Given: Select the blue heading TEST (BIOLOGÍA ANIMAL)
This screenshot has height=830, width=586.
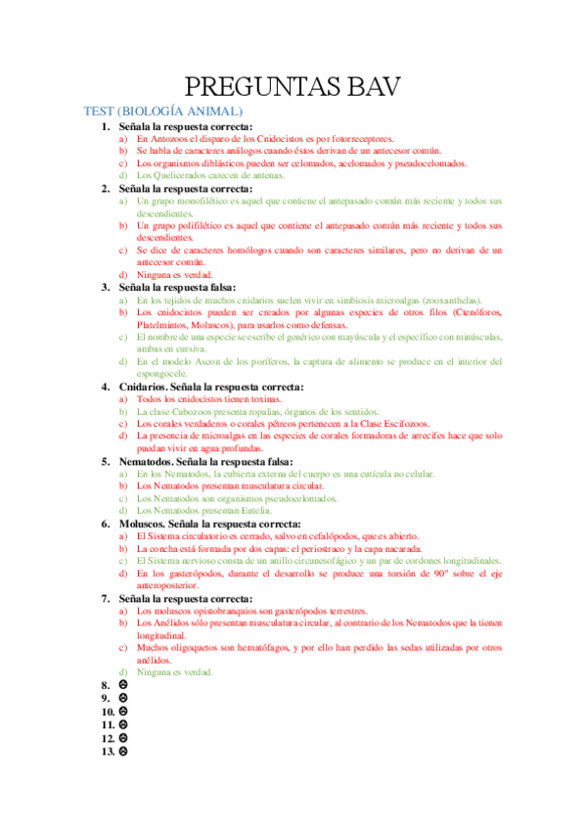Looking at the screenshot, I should click(162, 112).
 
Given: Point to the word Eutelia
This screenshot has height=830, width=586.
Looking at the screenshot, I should click(255, 510).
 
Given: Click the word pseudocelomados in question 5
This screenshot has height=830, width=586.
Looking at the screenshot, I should click(293, 498).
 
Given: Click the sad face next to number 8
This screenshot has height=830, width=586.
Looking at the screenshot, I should click(123, 685).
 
